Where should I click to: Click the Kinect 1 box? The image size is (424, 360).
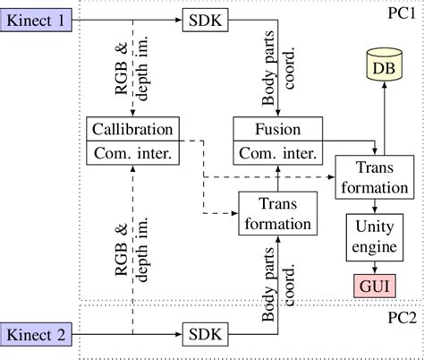tap(37, 19)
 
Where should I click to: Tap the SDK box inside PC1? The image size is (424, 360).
tap(204, 19)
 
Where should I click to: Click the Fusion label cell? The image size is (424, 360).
tap(278, 128)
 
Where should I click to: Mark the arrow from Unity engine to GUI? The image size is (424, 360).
tap(373, 265)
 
